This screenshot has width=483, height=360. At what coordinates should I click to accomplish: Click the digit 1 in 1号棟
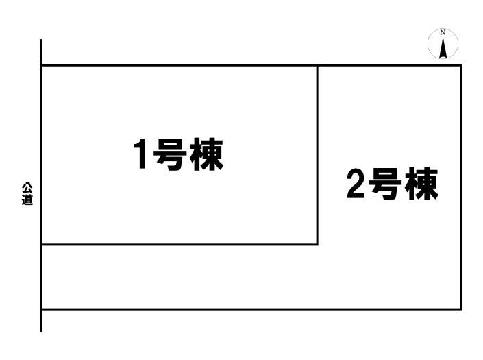click(140, 154)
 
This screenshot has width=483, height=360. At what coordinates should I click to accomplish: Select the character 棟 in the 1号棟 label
click(206, 154)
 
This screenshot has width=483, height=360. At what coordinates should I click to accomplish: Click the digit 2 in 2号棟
click(356, 183)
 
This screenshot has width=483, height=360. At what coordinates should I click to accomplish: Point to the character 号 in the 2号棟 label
click(385, 184)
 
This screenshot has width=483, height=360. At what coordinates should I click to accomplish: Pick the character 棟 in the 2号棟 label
click(421, 184)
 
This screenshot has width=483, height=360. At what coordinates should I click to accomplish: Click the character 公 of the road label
click(27, 189)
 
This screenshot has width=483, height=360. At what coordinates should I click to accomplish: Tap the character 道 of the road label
click(27, 200)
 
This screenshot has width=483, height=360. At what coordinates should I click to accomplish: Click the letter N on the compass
click(443, 32)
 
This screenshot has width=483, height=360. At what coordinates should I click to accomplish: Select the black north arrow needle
click(443, 48)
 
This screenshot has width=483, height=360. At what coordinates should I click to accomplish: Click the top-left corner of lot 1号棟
click(42, 65)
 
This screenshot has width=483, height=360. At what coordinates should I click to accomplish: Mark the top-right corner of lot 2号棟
click(461, 65)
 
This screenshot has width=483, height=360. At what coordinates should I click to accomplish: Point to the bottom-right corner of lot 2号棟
click(461, 309)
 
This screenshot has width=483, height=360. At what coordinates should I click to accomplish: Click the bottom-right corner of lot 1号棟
click(317, 245)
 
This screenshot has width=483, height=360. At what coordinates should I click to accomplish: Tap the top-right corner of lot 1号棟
click(317, 65)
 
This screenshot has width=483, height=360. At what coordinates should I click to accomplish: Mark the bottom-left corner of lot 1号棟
click(42, 245)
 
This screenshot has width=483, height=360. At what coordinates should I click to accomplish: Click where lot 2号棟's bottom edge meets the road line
click(42, 309)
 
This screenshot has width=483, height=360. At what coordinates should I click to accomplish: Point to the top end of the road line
click(41, 40)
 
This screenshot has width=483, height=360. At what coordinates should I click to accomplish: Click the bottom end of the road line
click(41, 332)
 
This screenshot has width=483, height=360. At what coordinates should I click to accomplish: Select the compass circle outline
click(428, 43)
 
